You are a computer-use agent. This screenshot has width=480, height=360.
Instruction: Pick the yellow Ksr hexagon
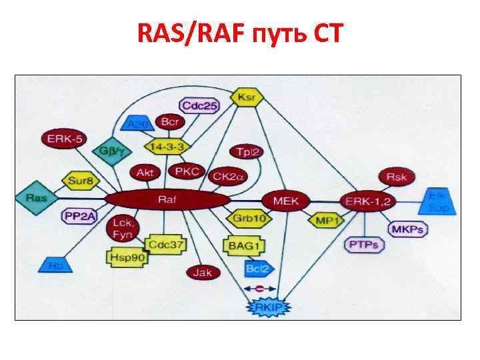coord(247,97)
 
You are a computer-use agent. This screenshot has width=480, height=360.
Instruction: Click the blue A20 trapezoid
coord(139,123)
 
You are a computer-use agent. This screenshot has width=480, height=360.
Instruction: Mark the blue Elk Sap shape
coord(441,201)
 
